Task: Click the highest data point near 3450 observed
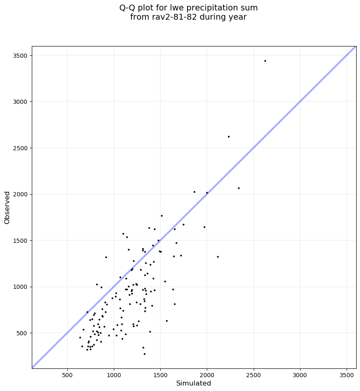click(265, 61)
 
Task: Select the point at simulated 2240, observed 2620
click(229, 136)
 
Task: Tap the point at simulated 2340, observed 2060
click(239, 188)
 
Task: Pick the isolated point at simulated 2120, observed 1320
click(218, 257)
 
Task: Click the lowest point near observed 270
click(144, 354)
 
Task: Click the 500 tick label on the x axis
click(67, 373)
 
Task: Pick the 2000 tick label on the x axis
click(207, 373)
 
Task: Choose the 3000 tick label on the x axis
click(300, 373)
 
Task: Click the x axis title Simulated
click(193, 383)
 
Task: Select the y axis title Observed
click(7, 207)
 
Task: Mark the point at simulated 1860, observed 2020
click(194, 192)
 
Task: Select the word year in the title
click(237, 17)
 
